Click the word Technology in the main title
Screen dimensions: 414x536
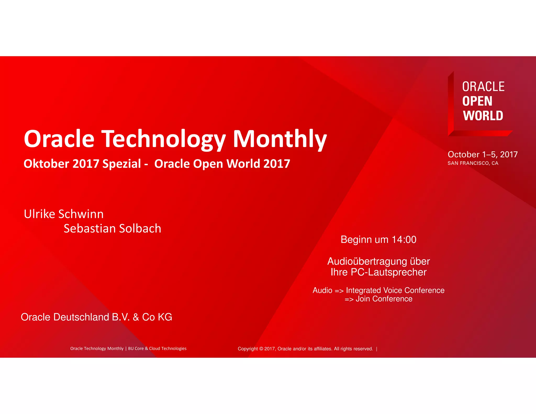[163, 139]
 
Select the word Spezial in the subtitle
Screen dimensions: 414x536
[121, 164]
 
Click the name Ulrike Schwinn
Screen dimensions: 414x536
[64, 214]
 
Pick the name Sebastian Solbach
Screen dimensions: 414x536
[112, 228]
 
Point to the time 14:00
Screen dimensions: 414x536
[404, 240]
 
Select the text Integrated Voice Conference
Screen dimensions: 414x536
[395, 290]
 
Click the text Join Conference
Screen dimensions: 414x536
[384, 299]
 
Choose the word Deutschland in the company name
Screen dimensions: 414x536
[81, 317]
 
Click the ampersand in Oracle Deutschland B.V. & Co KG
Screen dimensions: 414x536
[136, 317]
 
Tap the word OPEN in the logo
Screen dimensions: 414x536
[477, 101]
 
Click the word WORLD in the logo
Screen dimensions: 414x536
[483, 116]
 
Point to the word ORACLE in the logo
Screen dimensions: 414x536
[483, 87]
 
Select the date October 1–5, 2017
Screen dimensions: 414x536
[482, 154]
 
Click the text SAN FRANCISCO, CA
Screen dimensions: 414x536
[473, 163]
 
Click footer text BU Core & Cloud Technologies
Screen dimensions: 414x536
[157, 349]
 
